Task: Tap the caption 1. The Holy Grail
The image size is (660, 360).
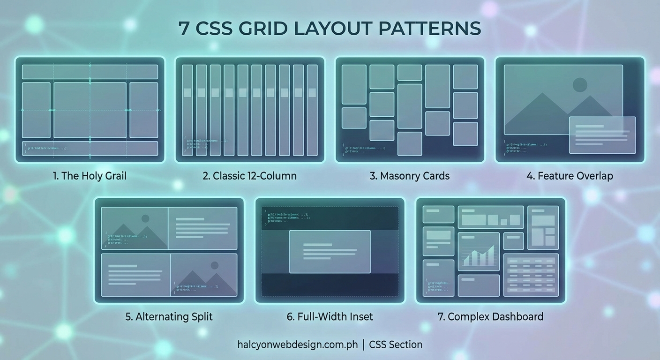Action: point(90,176)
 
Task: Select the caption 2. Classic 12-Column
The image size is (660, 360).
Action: point(249,176)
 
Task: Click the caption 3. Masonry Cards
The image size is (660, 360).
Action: point(409,176)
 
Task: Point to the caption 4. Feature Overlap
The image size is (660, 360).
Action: point(570,176)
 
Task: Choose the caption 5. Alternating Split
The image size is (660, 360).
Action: point(169,317)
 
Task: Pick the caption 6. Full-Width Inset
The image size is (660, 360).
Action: point(330,317)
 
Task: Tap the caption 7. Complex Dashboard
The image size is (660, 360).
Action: point(490,317)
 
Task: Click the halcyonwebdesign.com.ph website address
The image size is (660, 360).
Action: point(298,345)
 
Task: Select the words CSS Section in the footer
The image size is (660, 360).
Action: point(396,345)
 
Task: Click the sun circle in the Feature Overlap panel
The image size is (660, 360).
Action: point(580,85)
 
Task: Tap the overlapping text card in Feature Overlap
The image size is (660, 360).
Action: point(602,135)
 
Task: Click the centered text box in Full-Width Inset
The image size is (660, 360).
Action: point(330,252)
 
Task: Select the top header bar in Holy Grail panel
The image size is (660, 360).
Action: point(90,72)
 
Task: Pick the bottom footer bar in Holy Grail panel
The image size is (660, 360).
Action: point(90,148)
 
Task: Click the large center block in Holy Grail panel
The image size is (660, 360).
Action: point(90,110)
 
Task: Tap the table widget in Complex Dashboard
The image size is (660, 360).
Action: point(531,275)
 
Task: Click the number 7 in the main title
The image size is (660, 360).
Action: point(184,29)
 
